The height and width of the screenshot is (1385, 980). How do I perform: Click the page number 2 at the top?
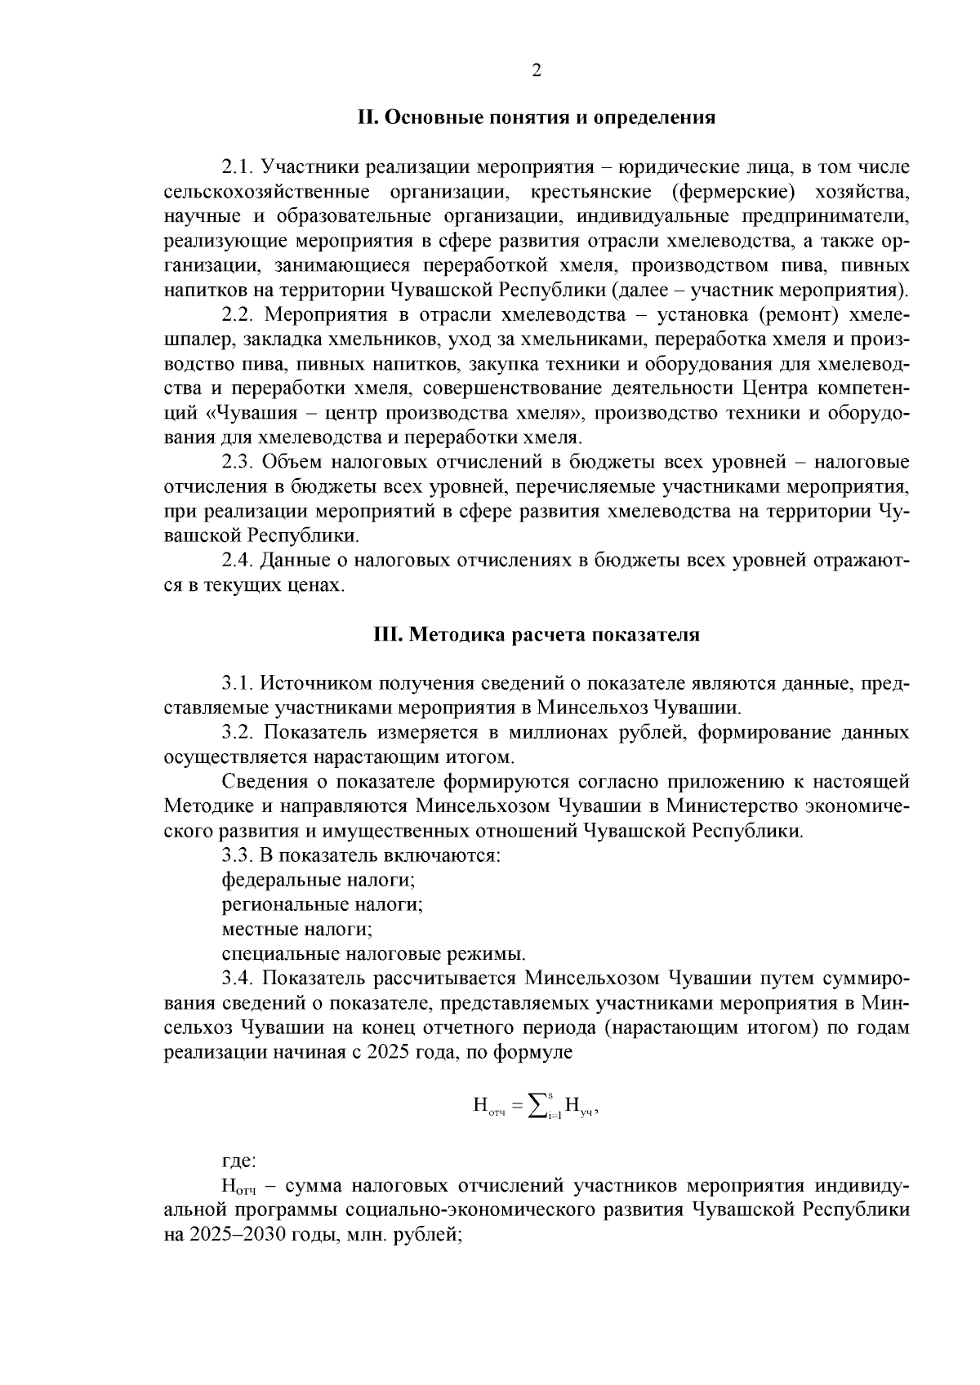[x=537, y=70]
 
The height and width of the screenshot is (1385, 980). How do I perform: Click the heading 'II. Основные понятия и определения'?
[x=537, y=118]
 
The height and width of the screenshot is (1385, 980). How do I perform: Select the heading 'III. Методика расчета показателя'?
[x=537, y=634]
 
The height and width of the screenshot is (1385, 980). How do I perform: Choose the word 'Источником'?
[x=318, y=683]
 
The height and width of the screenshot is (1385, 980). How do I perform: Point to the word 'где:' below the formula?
[x=239, y=1160]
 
